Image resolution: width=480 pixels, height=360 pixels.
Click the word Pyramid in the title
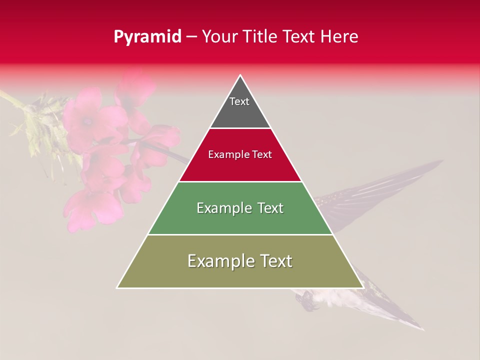[147, 37]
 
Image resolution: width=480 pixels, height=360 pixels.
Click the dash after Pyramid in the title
[191, 37]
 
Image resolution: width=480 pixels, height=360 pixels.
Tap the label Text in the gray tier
[239, 101]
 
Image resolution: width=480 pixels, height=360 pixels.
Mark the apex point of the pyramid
[240, 75]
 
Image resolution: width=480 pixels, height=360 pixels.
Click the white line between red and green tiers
[240, 181]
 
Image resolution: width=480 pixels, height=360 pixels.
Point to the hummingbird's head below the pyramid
[306, 299]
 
